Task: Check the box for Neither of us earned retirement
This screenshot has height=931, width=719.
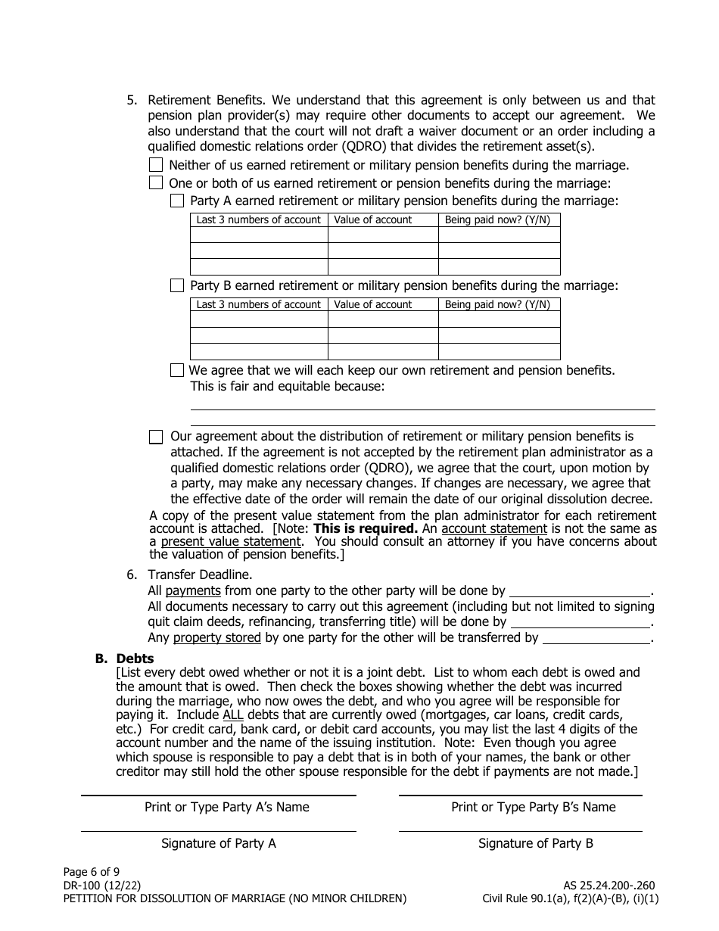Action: click(x=156, y=165)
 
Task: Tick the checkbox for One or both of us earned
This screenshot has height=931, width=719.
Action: click(x=156, y=182)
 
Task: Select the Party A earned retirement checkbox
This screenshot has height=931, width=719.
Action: click(x=177, y=201)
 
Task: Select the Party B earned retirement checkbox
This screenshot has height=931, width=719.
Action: click(x=177, y=285)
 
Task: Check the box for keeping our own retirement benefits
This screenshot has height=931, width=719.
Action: click(x=177, y=370)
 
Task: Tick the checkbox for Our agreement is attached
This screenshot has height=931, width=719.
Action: click(x=156, y=437)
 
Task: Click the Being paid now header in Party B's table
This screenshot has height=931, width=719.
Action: click(x=499, y=305)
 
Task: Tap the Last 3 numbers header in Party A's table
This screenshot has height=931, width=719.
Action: click(x=259, y=220)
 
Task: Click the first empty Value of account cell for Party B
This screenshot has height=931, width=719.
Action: click(x=383, y=319)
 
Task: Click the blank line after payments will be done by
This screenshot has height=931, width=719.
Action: click(x=580, y=592)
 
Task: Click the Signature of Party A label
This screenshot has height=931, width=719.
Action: click(x=218, y=843)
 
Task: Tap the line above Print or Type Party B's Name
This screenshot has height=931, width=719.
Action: click(x=520, y=796)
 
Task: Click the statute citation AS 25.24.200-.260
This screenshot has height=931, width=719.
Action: click(x=609, y=885)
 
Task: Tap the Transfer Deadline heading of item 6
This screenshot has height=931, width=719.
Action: click(x=200, y=575)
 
